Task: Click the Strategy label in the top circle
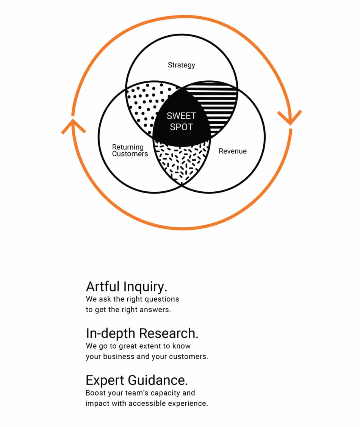(182, 65)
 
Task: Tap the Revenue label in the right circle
(233, 151)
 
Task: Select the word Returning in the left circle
(128, 147)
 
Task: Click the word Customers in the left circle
(130, 154)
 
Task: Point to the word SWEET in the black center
(182, 116)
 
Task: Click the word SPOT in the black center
(182, 127)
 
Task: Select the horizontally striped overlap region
(218, 105)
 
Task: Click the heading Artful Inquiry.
(127, 287)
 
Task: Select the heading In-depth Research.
(142, 333)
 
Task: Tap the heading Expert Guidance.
(137, 380)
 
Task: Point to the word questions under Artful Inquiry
(162, 299)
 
